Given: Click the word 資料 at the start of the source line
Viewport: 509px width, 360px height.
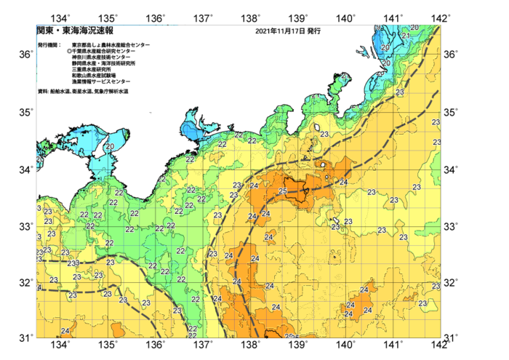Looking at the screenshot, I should (42, 92).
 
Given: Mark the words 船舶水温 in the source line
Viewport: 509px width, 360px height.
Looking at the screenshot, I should (62, 92).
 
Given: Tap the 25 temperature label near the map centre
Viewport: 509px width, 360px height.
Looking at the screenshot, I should (283, 191).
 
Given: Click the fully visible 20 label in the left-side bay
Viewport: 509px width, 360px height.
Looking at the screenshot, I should (109, 147).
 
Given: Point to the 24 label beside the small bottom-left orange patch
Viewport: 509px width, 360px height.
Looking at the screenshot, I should (65, 331).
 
